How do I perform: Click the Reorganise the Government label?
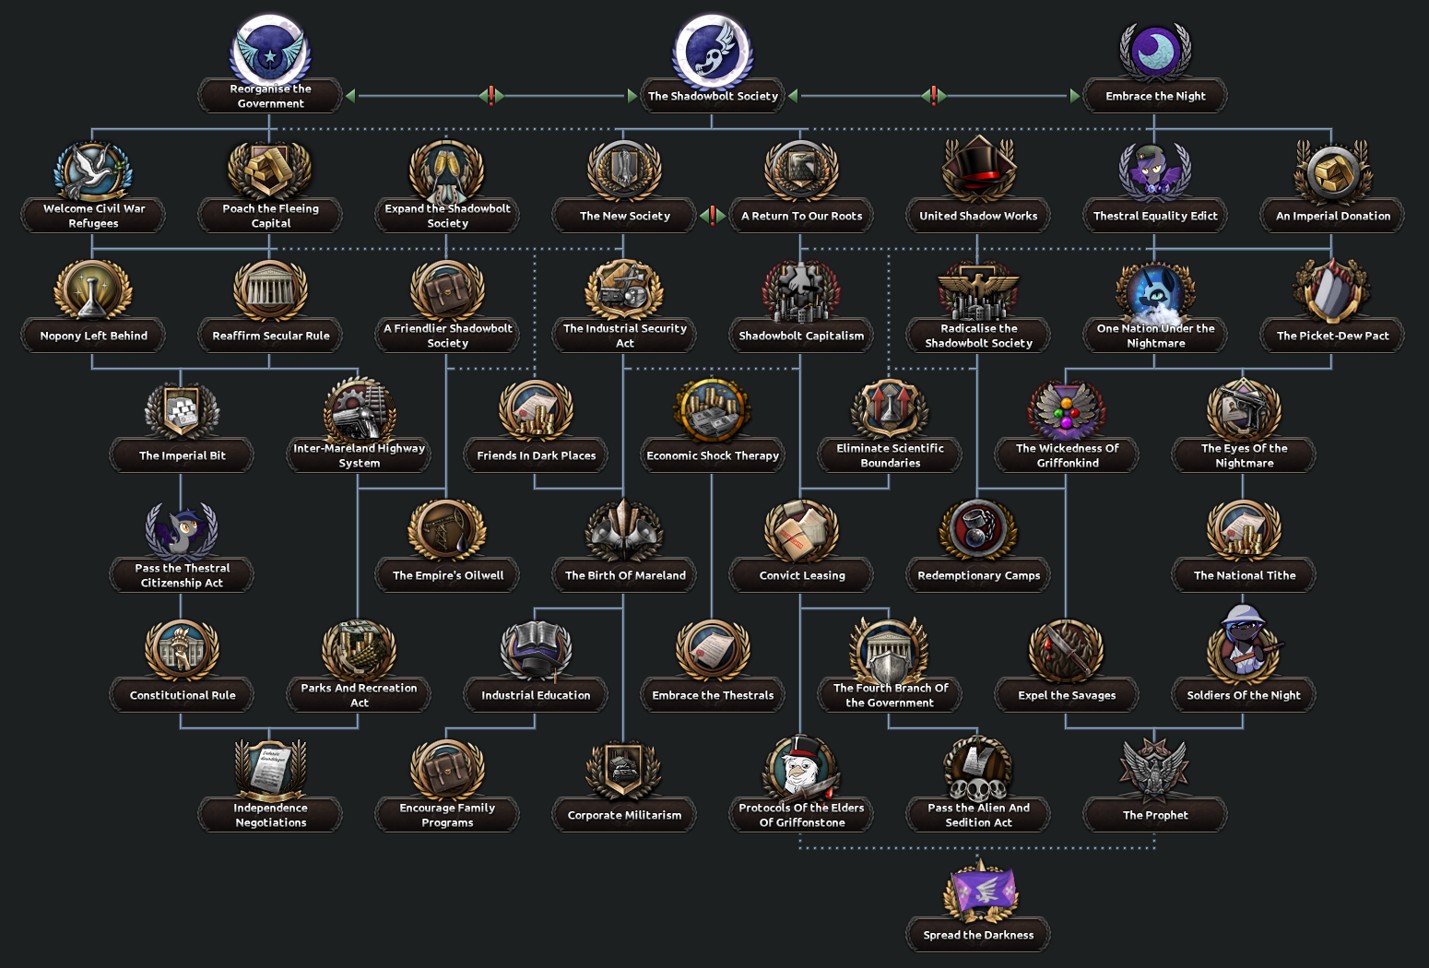tap(270, 96)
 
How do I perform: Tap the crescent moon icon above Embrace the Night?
tap(1155, 51)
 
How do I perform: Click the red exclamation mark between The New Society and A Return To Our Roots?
tap(713, 216)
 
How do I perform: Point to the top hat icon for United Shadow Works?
tap(978, 169)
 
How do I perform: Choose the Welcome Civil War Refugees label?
tap(93, 216)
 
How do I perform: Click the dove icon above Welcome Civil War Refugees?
tap(93, 171)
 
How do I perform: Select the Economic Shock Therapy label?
tap(713, 455)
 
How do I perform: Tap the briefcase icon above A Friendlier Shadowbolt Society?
tap(447, 289)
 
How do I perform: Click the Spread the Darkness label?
tap(978, 935)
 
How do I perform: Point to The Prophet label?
tap(1155, 815)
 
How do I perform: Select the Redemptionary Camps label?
tap(978, 575)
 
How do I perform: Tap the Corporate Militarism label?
tap(624, 815)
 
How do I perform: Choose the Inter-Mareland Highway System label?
tap(359, 455)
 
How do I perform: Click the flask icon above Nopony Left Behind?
tap(93, 290)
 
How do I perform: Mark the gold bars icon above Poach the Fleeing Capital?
tap(270, 171)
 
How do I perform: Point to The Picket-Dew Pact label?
tap(1332, 336)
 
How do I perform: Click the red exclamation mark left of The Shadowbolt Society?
tap(491, 95)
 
